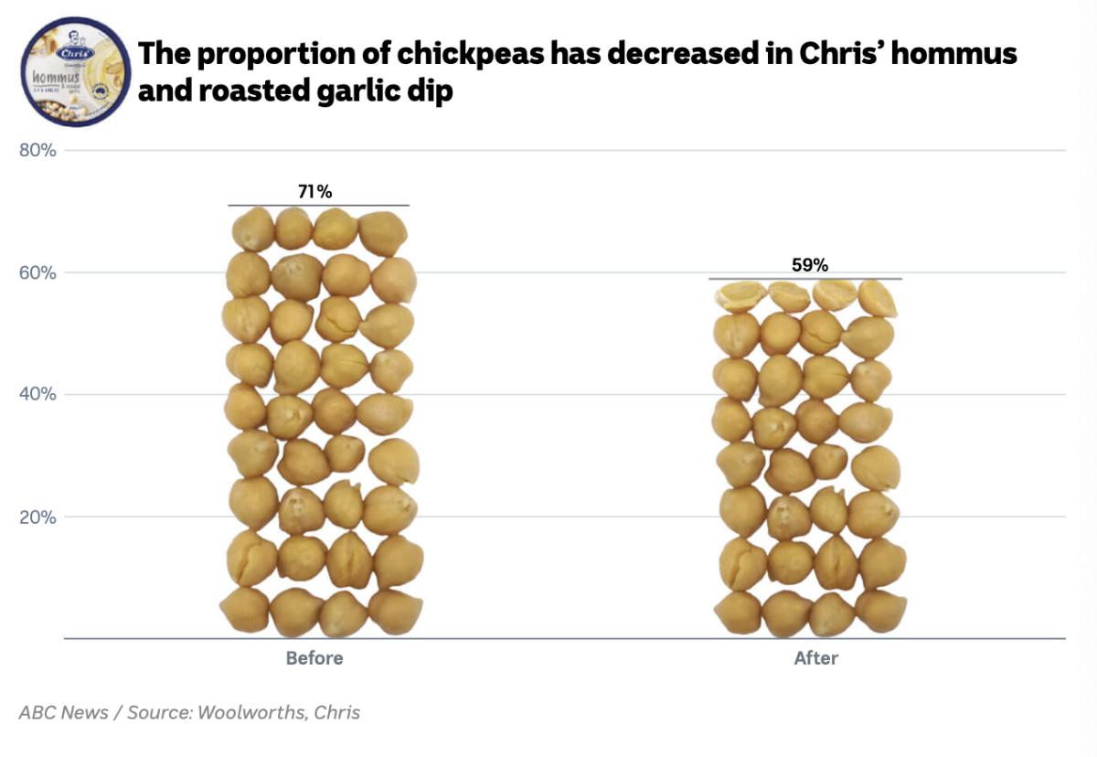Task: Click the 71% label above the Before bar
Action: pos(314,192)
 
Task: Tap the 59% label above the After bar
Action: pos(809,265)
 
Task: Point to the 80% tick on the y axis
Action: pos(38,150)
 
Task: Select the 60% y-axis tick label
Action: pos(38,272)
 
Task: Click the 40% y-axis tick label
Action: pos(38,394)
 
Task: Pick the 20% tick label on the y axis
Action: pos(38,517)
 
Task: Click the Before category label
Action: pos(314,658)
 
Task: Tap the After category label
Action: pos(815,658)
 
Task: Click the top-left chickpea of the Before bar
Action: pos(252,229)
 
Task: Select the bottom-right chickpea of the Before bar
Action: pos(395,612)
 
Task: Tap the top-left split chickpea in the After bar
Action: pos(740,296)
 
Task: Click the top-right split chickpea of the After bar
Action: pos(879,297)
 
